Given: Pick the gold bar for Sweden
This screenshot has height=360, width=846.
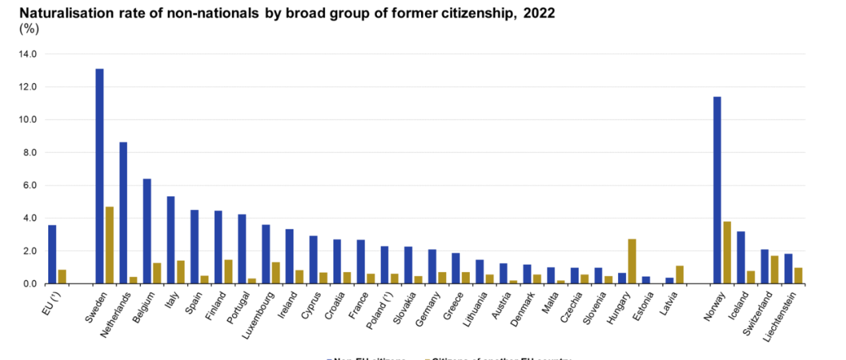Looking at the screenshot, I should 110,245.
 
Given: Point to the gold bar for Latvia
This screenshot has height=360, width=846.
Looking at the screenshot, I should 679,275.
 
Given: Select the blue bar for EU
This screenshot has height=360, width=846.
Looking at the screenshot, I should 52,254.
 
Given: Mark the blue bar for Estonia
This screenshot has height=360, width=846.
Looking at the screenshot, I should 646,280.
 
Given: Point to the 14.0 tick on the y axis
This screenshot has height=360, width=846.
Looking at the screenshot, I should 30,54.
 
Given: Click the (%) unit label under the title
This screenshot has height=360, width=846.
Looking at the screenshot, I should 29,28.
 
